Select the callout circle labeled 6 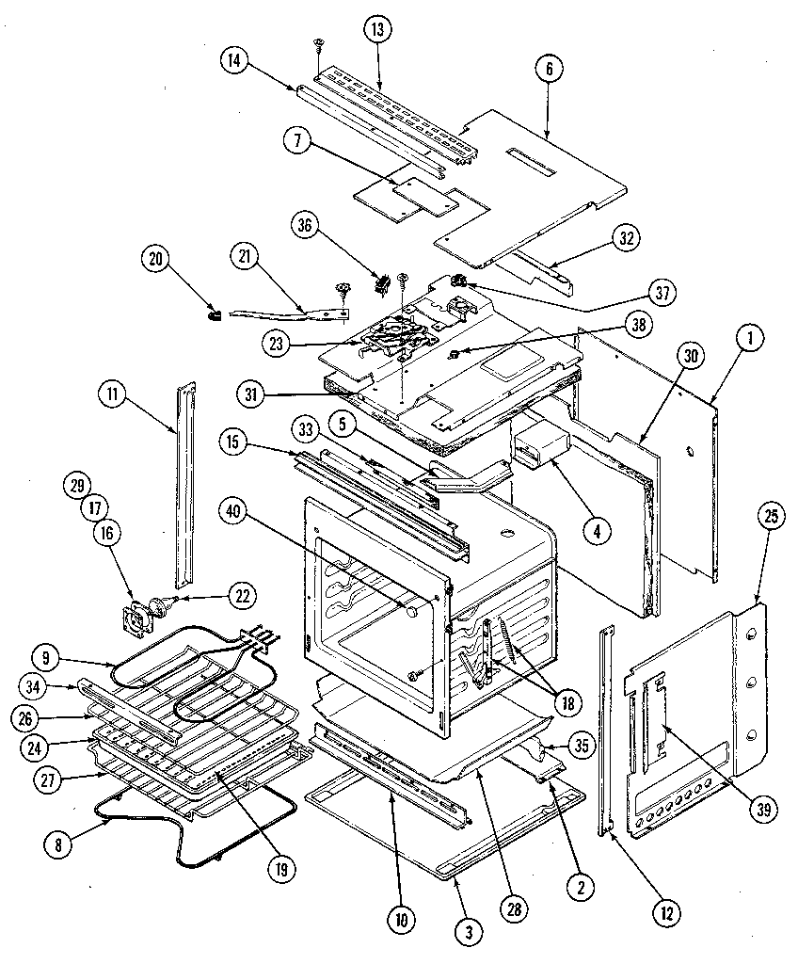click(547, 68)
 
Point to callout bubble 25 click(771, 515)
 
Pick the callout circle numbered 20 click(155, 257)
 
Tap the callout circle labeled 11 click(115, 396)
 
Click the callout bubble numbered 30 click(692, 356)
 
